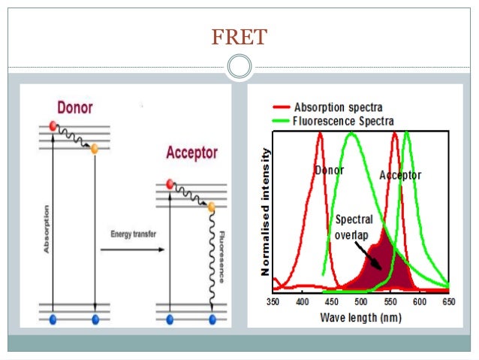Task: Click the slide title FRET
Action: click(x=239, y=36)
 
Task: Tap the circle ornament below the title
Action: click(x=239, y=68)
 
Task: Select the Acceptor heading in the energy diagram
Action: click(x=191, y=153)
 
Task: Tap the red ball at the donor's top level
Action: click(x=53, y=125)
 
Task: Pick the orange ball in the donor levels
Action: click(x=95, y=149)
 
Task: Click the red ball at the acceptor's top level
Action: click(x=170, y=183)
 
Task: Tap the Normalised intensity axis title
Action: click(x=265, y=210)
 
